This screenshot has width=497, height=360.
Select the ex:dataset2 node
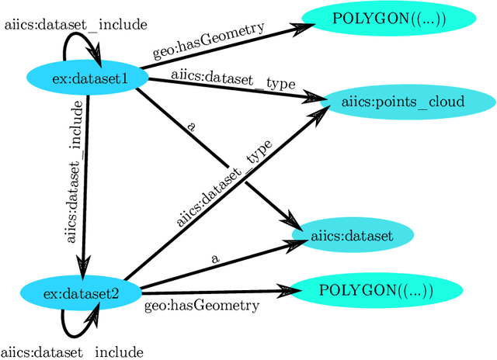click(81, 292)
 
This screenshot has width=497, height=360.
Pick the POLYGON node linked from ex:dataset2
click(376, 291)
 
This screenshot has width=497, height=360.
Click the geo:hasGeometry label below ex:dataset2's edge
click(202, 306)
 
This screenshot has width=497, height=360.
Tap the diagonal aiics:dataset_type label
click(224, 183)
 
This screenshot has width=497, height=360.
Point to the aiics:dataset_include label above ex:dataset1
click(75, 25)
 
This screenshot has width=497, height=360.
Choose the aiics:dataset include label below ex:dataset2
click(73, 351)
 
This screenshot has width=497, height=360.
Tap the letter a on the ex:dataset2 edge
click(214, 259)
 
